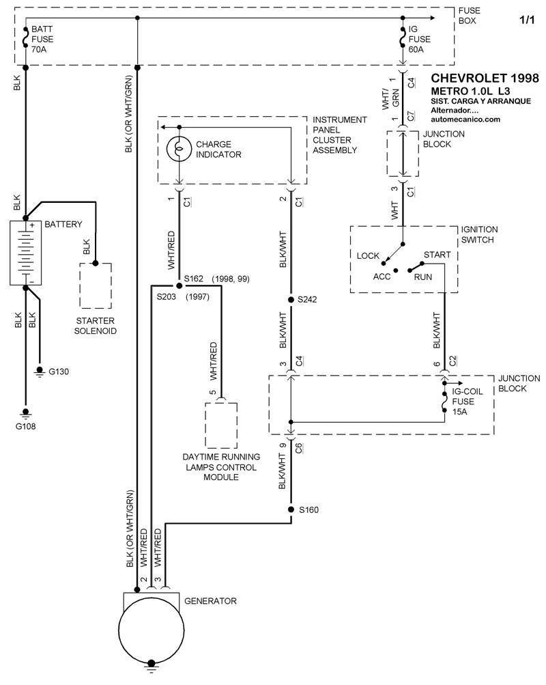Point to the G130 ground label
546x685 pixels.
point(58,372)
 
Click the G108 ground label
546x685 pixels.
point(26,427)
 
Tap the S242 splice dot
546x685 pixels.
point(291,299)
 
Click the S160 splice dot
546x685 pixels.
point(291,509)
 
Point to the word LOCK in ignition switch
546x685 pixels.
point(368,255)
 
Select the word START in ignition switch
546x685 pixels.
point(437,255)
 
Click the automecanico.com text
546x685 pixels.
point(466,119)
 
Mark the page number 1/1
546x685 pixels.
point(527,21)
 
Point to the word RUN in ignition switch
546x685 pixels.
point(423,277)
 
